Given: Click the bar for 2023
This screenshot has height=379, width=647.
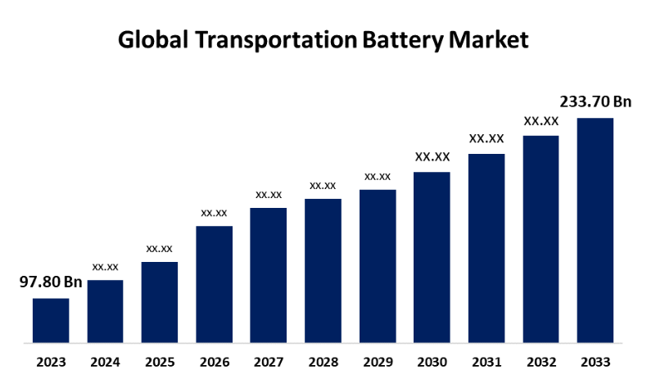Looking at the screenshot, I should pyautogui.click(x=51, y=320).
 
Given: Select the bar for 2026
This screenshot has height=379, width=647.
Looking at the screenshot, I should pyautogui.click(x=214, y=284).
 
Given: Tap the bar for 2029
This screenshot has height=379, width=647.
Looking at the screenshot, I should pyautogui.click(x=378, y=266).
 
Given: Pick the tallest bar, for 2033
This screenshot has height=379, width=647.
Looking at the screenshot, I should pyautogui.click(x=595, y=230).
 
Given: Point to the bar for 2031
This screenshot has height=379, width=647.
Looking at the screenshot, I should pyautogui.click(x=486, y=248).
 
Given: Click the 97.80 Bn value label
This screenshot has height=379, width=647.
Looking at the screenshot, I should pyautogui.click(x=51, y=282).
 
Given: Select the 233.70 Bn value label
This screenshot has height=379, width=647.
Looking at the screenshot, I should pyautogui.click(x=595, y=102).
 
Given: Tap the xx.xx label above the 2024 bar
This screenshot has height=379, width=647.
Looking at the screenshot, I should pyautogui.click(x=106, y=266).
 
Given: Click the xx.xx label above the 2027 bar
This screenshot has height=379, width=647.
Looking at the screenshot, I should pyautogui.click(x=269, y=194).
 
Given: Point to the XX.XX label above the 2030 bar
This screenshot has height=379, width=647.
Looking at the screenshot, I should pyautogui.click(x=432, y=156).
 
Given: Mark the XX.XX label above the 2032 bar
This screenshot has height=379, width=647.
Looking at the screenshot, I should pyautogui.click(x=541, y=121).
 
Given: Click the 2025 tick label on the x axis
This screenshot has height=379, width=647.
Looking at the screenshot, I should pyautogui.click(x=160, y=361).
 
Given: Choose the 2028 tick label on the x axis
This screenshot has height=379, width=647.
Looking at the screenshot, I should pyautogui.click(x=323, y=361).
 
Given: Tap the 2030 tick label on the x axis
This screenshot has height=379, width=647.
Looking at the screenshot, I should pyautogui.click(x=432, y=361).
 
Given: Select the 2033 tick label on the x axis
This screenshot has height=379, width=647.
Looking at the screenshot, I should pyautogui.click(x=595, y=361).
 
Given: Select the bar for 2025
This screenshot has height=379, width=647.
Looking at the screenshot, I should pyautogui.click(x=160, y=302).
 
